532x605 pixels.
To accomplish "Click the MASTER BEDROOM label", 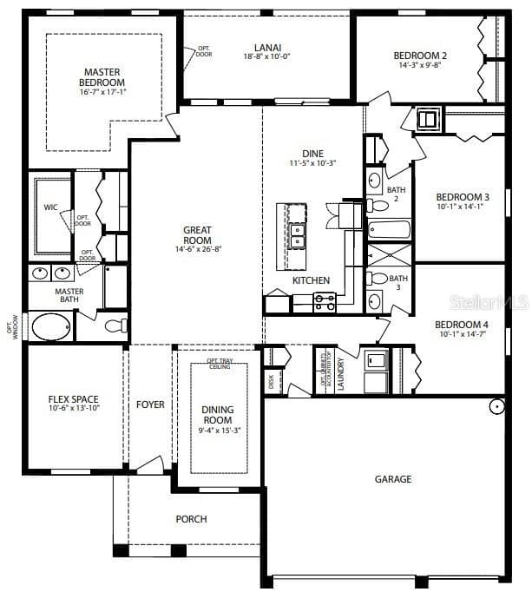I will click(102, 77).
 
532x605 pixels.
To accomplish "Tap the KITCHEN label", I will click(311, 280).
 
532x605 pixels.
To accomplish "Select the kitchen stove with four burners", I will click(325, 302).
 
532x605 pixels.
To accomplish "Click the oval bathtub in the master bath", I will click(51, 327).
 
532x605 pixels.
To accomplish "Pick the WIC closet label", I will click(50, 207).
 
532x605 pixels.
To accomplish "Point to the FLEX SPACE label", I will click(73, 400).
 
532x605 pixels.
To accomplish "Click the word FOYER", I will click(150, 404).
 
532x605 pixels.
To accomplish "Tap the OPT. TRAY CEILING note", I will click(218, 364).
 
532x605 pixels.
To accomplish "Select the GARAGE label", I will click(393, 478).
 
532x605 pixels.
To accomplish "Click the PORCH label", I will click(191, 519).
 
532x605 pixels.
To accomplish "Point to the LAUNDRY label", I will click(341, 373).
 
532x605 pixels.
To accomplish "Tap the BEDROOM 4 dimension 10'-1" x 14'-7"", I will click(462, 335).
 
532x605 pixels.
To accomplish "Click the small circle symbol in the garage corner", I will click(496, 405).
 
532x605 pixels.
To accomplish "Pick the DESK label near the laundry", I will click(272, 380).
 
